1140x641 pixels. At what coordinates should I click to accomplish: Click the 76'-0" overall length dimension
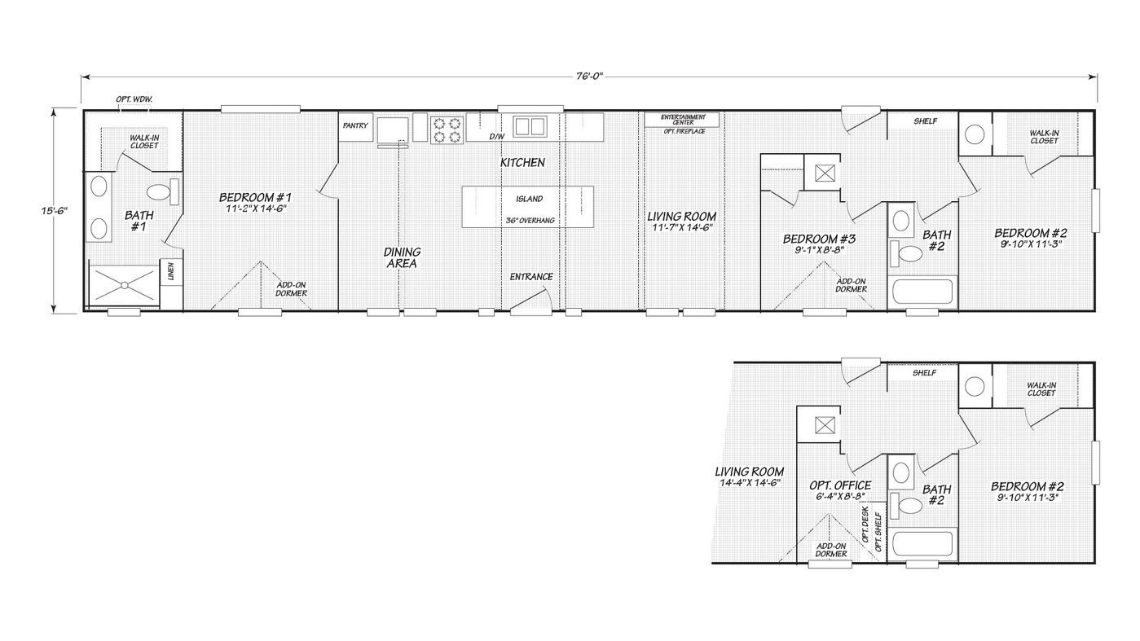[x=589, y=77]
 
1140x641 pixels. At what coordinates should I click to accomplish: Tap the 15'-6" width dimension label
[x=55, y=210]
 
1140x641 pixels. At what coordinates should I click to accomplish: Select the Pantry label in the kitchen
[x=355, y=125]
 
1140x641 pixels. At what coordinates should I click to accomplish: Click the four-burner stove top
[x=447, y=130]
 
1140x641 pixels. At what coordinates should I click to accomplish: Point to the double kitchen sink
[x=530, y=126]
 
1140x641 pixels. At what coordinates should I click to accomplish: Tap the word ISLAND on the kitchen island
[x=530, y=199]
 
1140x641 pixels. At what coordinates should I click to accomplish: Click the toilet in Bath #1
[x=163, y=191]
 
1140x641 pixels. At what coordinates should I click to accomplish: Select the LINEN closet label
[x=171, y=271]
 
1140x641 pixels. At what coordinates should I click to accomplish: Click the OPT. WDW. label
[x=134, y=99]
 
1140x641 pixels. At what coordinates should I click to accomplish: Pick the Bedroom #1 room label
[x=255, y=197]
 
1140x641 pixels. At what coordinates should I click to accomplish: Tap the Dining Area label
[x=402, y=257]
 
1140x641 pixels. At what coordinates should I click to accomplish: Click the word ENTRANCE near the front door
[x=531, y=277]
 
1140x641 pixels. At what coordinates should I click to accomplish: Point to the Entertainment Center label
[x=683, y=120]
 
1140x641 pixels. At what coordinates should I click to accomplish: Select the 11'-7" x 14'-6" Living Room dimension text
[x=682, y=227]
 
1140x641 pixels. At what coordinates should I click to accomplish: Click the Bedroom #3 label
[x=820, y=239]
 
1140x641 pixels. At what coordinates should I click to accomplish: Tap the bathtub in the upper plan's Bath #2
[x=922, y=292]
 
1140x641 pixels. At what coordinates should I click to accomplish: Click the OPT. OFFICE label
[x=840, y=485]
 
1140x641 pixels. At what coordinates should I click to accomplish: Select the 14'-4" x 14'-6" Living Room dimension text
[x=750, y=483]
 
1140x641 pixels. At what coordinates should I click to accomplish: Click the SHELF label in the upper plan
[x=925, y=121]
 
